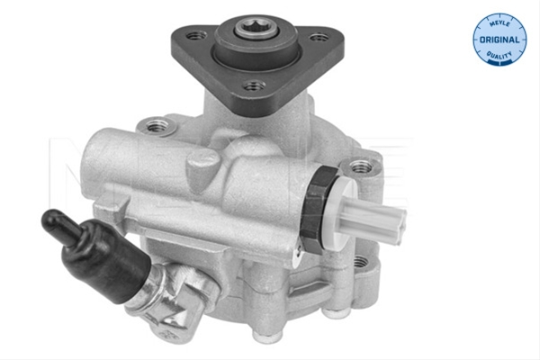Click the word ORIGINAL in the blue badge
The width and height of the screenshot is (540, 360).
click(x=499, y=40)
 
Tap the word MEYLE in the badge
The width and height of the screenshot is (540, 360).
click(x=499, y=23)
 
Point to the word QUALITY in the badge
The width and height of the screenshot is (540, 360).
click(x=499, y=55)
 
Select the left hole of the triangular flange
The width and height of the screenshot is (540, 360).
click(x=196, y=35)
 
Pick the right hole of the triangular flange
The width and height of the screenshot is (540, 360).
click(x=319, y=37)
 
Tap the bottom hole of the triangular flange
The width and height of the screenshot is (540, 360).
click(x=255, y=85)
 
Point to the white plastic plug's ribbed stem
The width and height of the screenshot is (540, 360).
click(x=375, y=217)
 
